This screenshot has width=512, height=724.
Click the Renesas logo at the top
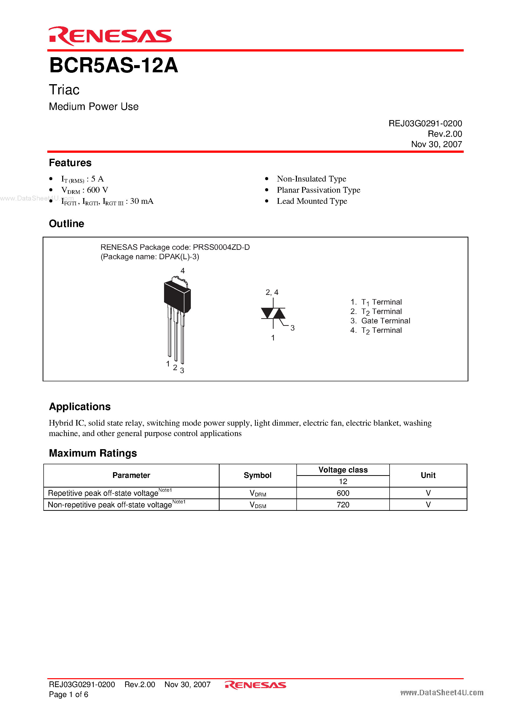coord(110,36)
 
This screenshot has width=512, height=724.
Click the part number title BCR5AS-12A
coord(114,66)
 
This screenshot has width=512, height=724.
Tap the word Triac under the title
coord(64,90)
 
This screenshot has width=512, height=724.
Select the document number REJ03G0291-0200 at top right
coord(425,123)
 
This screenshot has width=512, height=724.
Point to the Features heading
coord(70,163)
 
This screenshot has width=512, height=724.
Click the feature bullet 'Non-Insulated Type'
coord(311,179)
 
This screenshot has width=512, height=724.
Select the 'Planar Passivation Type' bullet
coord(318,190)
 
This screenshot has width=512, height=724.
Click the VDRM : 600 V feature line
coord(85,190)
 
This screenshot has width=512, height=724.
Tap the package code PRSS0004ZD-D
coord(221,247)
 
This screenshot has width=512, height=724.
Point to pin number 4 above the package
coord(182,271)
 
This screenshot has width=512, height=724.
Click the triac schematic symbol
coord(273,313)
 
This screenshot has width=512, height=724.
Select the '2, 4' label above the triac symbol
coord(272,292)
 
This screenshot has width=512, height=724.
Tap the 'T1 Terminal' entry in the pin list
coord(381,302)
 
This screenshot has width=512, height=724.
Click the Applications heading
coord(80,407)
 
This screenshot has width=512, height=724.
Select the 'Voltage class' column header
coord(343,470)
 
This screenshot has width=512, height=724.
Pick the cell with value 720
coord(343,505)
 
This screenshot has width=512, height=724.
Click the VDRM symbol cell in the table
coord(257,493)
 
